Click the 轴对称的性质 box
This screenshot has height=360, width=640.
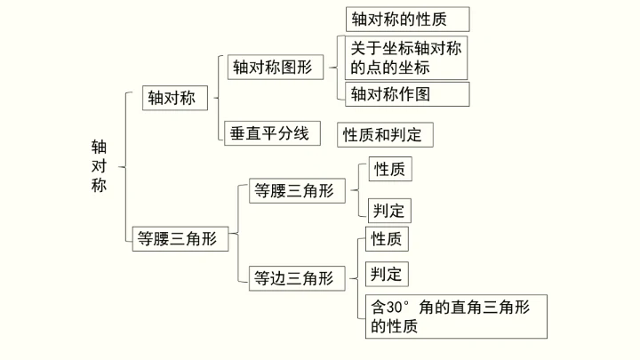tap(407, 19)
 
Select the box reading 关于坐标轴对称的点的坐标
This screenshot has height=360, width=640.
tap(406, 57)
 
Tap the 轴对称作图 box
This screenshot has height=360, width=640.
tap(407, 93)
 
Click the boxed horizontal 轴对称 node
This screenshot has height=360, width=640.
tap(174, 98)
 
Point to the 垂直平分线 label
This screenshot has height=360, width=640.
tap(269, 133)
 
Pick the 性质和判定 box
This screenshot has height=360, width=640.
tap(386, 134)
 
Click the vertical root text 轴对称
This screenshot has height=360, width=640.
tap(99, 165)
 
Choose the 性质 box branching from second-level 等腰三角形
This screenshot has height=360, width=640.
tap(389, 169)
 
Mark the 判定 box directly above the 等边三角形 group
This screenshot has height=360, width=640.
tap(389, 210)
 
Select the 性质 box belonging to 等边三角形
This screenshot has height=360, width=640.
tap(387, 238)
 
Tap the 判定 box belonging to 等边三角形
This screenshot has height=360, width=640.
tap(387, 273)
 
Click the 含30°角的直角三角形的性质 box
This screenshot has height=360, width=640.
tap(455, 316)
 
